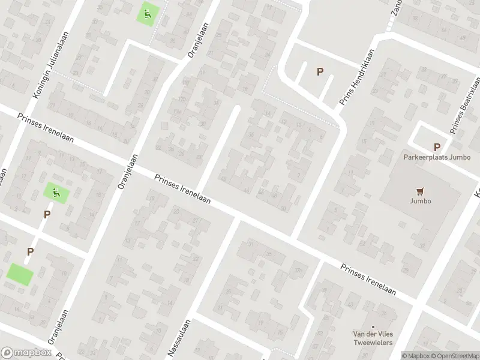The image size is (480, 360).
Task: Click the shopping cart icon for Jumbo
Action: pos(421,191)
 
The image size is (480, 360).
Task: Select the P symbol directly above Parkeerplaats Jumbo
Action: pos(437,148)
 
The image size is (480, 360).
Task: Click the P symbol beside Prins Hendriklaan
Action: pos(320,72)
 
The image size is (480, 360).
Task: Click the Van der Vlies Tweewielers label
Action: pos(372,338)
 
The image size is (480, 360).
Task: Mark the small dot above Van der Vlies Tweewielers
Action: pos(372,323)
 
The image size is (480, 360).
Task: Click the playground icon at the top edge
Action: pos(148,12)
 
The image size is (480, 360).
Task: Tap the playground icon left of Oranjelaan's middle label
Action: pos(56,193)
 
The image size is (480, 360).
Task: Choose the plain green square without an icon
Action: pos(20,274)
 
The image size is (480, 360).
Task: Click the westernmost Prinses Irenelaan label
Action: pos(46,128)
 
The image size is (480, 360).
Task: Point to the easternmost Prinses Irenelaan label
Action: pos(368,280)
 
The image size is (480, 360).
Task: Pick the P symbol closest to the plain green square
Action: pos(29,251)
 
